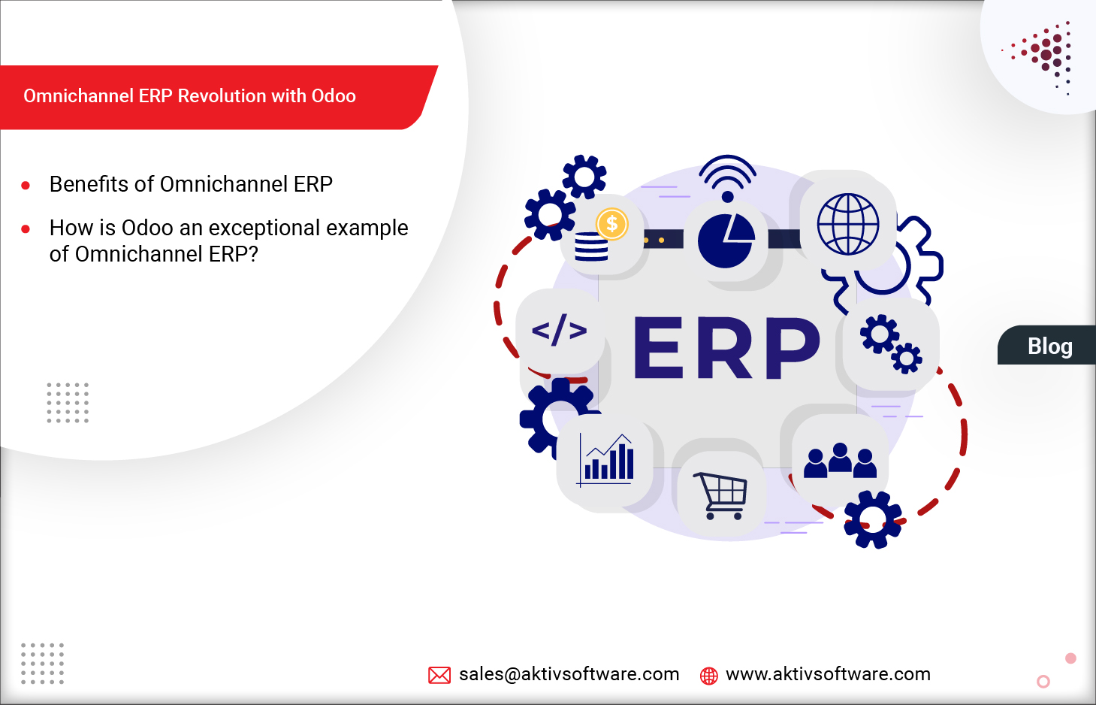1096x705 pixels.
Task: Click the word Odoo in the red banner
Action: pos(334,96)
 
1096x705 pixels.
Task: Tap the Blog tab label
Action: pos(1049,346)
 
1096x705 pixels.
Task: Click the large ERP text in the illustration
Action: pos(726,348)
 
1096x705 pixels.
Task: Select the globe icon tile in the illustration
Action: pos(847,225)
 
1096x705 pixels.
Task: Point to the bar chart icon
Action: pos(607,460)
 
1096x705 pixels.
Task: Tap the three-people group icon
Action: pos(840,461)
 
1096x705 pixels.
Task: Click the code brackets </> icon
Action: pos(559,331)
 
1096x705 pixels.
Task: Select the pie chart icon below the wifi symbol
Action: pos(726,241)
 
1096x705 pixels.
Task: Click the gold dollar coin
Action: pos(611,224)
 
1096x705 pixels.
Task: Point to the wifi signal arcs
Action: pos(727,173)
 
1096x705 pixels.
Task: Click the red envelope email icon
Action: pos(439,675)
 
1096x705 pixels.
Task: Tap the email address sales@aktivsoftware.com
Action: pos(569,674)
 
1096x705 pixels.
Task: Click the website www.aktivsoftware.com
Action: pos(828,674)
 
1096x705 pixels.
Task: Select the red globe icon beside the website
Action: pos(708,676)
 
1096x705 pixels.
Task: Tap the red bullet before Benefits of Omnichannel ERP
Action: pos(26,185)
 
